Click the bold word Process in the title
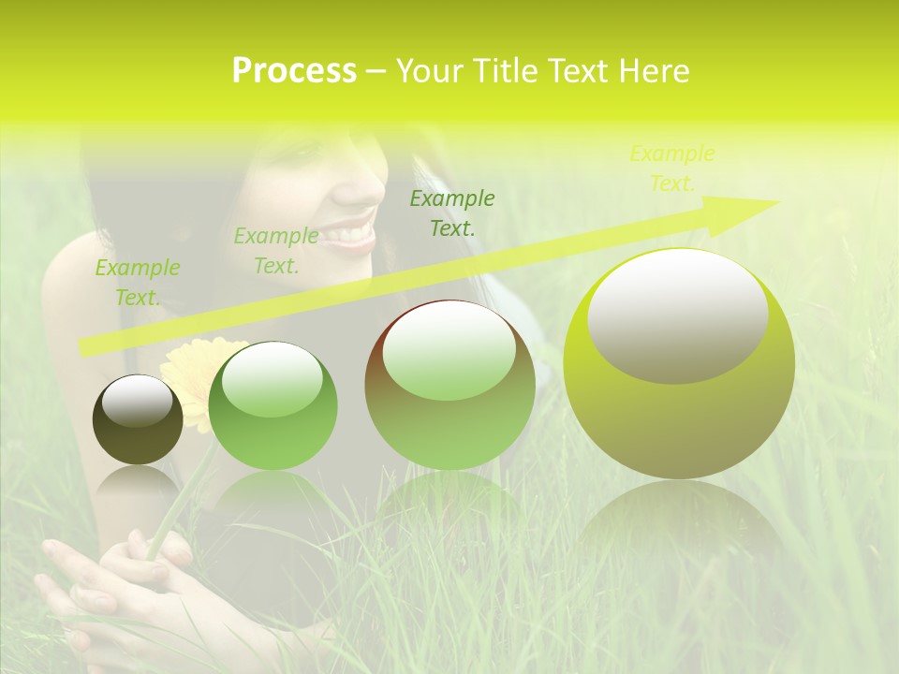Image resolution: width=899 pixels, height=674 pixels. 294,71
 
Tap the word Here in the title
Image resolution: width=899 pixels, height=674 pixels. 654,71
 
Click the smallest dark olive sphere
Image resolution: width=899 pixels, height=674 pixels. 138,419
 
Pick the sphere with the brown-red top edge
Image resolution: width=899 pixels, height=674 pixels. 449,384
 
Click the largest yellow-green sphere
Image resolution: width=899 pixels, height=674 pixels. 679,363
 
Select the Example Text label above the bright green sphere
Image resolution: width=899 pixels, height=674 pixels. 275,251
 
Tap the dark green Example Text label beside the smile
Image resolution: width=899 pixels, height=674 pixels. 452,212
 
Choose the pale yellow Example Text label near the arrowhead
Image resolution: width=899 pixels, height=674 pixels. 672,168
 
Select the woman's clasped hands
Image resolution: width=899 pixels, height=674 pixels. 122,580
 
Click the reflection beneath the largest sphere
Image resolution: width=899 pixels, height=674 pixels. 679,524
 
